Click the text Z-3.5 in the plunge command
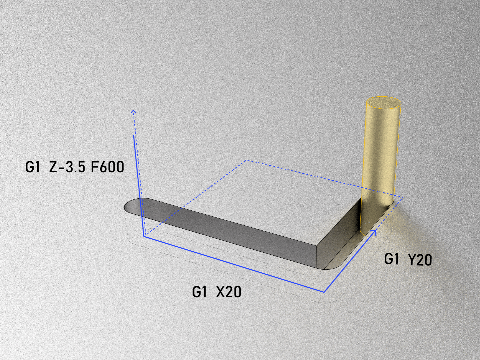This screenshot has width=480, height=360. (67, 167)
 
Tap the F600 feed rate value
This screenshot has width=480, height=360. (107, 167)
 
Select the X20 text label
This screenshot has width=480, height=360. (229, 292)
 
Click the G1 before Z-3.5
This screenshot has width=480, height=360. (33, 167)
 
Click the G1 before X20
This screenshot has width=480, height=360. (200, 292)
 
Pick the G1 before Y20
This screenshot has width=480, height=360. (391, 259)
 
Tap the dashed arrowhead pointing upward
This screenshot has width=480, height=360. (133, 112)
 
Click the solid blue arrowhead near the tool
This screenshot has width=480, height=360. (374, 232)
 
